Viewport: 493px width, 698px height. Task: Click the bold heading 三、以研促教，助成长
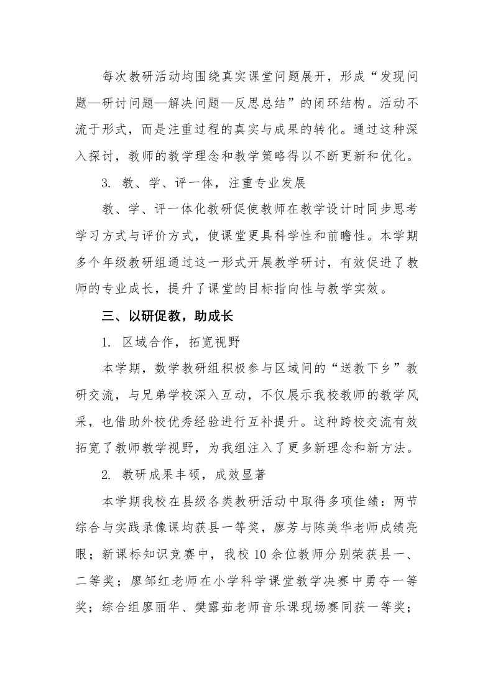(x=167, y=315)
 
